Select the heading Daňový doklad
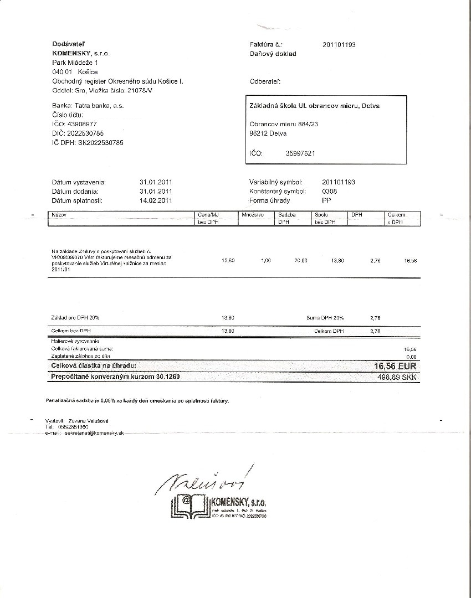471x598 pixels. (x=273, y=54)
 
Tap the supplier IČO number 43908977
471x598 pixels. (x=82, y=124)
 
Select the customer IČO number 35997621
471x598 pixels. (x=300, y=153)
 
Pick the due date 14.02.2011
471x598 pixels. (x=157, y=200)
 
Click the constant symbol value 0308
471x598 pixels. (x=330, y=191)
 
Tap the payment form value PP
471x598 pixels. (x=326, y=200)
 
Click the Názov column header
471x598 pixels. (x=59, y=214)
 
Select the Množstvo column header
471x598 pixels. (x=252, y=214)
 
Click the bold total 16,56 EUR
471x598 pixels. (x=396, y=367)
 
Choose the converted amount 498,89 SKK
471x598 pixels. (x=397, y=377)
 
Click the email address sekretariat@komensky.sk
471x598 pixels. (x=94, y=434)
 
